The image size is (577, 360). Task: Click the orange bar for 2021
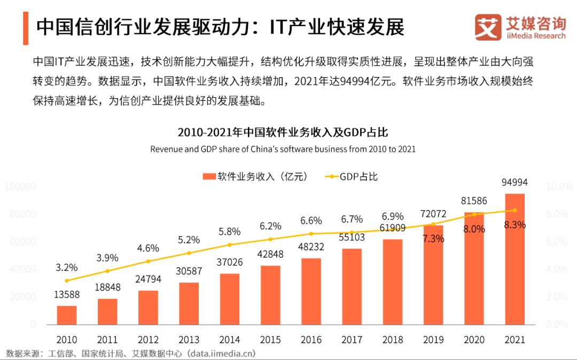coord(514,259)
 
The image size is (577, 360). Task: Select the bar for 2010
coord(67,315)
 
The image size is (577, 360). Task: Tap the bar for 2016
coord(311,291)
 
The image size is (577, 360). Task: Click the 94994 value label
coord(514,183)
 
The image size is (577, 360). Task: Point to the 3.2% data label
coord(67,267)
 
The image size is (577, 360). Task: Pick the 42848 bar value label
coord(270,254)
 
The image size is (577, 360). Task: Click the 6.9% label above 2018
coord(393,217)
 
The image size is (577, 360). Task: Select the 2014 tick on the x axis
coord(230,340)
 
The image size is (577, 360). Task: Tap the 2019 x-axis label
coord(433,340)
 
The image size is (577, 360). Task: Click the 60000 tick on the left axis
coord(22,242)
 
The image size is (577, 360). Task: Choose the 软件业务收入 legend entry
coord(255,176)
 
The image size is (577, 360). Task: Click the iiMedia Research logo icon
coord(488,27)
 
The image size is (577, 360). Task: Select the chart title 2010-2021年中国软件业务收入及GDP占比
coord(283,132)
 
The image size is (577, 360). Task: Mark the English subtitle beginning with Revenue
coord(283,149)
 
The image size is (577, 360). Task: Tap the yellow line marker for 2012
coord(148,261)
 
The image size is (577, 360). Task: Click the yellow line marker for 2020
coord(474,214)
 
